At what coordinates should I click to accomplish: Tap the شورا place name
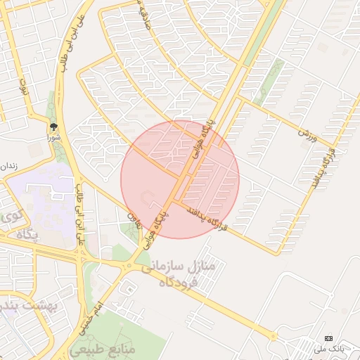(53, 138)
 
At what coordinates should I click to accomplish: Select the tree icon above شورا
(53, 127)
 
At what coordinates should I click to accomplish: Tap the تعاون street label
(134, 221)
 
